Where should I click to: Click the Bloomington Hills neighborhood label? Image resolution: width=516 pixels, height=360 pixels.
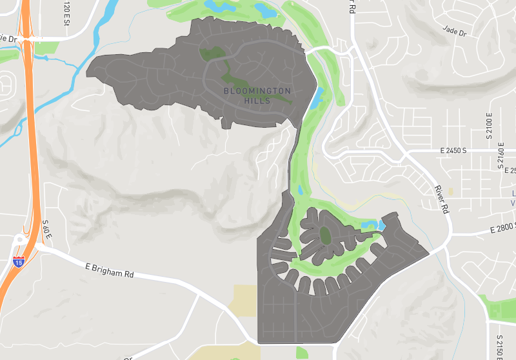pos(257,95)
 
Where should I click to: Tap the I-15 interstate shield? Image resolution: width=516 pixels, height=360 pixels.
pos(18,262)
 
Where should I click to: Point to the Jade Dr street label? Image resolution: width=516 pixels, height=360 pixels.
pos(454,29)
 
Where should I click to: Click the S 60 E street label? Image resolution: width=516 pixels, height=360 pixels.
pos(46,230)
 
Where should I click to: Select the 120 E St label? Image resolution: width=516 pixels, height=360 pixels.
pos(66,13)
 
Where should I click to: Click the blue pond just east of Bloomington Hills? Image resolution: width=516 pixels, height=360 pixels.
pos(315,99)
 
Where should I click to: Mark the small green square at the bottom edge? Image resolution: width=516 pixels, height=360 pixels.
pos(302,353)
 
